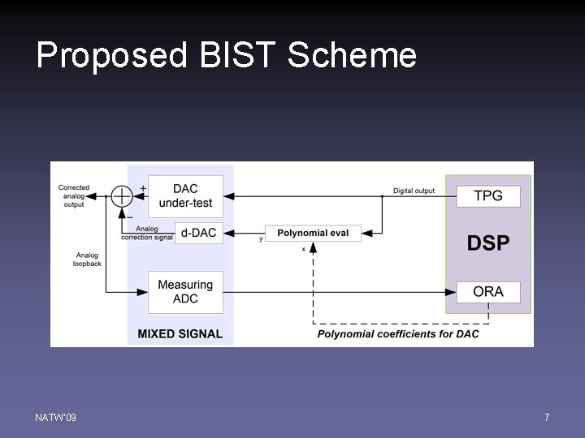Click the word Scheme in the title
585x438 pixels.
tap(352, 56)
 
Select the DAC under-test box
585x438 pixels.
tap(185, 195)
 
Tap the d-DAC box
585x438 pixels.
tap(199, 233)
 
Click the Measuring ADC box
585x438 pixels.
tap(185, 292)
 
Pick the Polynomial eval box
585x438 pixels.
tap(313, 233)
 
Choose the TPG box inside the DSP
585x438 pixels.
tap(488, 195)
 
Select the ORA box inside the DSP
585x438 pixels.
tap(488, 291)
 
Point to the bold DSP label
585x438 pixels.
tap(488, 243)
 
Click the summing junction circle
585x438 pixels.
tap(121, 195)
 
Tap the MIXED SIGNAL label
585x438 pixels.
tap(180, 333)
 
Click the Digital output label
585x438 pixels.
tap(414, 191)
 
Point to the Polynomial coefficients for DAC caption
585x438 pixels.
tap(398, 333)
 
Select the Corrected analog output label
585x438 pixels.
tap(74, 195)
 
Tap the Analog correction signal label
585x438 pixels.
tap(147, 233)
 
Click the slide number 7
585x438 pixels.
tap(547, 417)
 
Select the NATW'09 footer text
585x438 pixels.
tap(56, 417)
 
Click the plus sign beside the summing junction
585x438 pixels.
tap(143, 188)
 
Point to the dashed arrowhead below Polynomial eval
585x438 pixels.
tap(313, 247)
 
